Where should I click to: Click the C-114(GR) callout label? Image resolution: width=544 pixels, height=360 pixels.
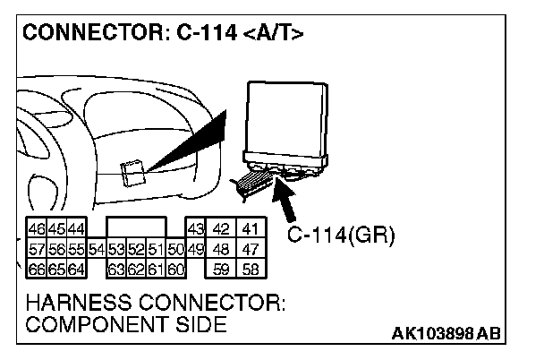[341, 236]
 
